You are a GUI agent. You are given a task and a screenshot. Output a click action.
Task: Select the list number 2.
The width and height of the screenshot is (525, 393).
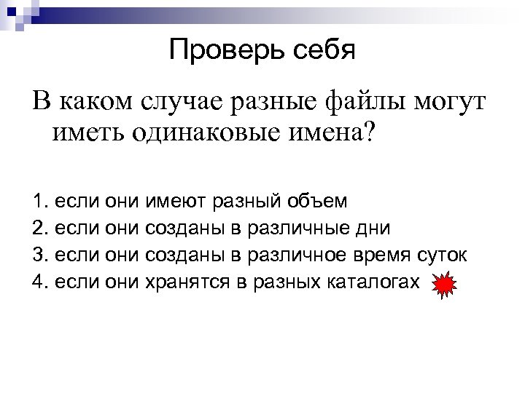click(39, 229)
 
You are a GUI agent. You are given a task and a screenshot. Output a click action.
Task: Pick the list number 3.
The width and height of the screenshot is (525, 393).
click(39, 255)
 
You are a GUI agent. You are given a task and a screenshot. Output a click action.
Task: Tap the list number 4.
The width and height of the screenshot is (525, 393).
click(39, 282)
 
